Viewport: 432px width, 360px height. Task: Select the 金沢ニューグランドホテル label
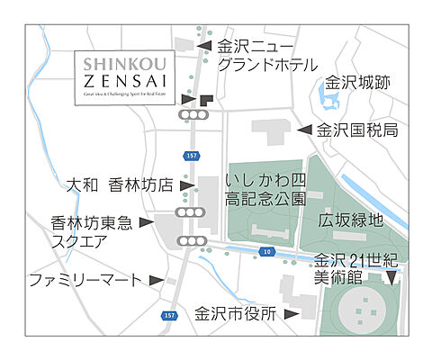(x=267, y=54)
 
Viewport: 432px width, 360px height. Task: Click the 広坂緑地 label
(x=350, y=219)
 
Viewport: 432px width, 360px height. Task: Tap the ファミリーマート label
(x=85, y=279)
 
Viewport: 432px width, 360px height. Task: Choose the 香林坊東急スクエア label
(x=92, y=230)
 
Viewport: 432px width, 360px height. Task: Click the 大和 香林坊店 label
(x=121, y=184)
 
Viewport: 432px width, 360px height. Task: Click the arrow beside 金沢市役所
(x=291, y=314)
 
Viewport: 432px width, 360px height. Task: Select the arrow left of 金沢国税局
(x=305, y=130)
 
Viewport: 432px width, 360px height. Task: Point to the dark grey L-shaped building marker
(x=206, y=100)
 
